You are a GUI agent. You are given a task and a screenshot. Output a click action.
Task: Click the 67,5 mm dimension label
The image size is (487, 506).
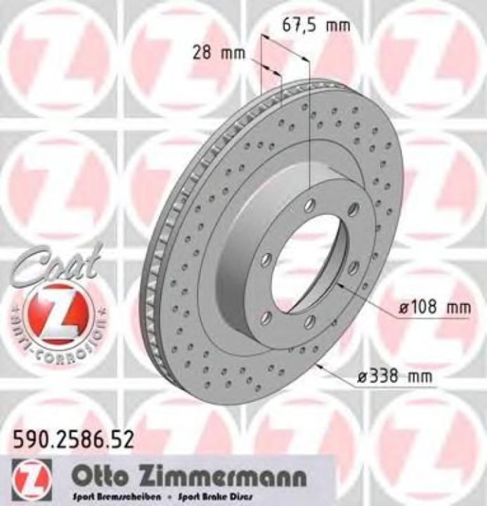316,27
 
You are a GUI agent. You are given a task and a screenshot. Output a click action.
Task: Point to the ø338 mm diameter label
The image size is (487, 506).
394,377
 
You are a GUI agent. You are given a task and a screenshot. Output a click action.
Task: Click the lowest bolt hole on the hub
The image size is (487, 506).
309,323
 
